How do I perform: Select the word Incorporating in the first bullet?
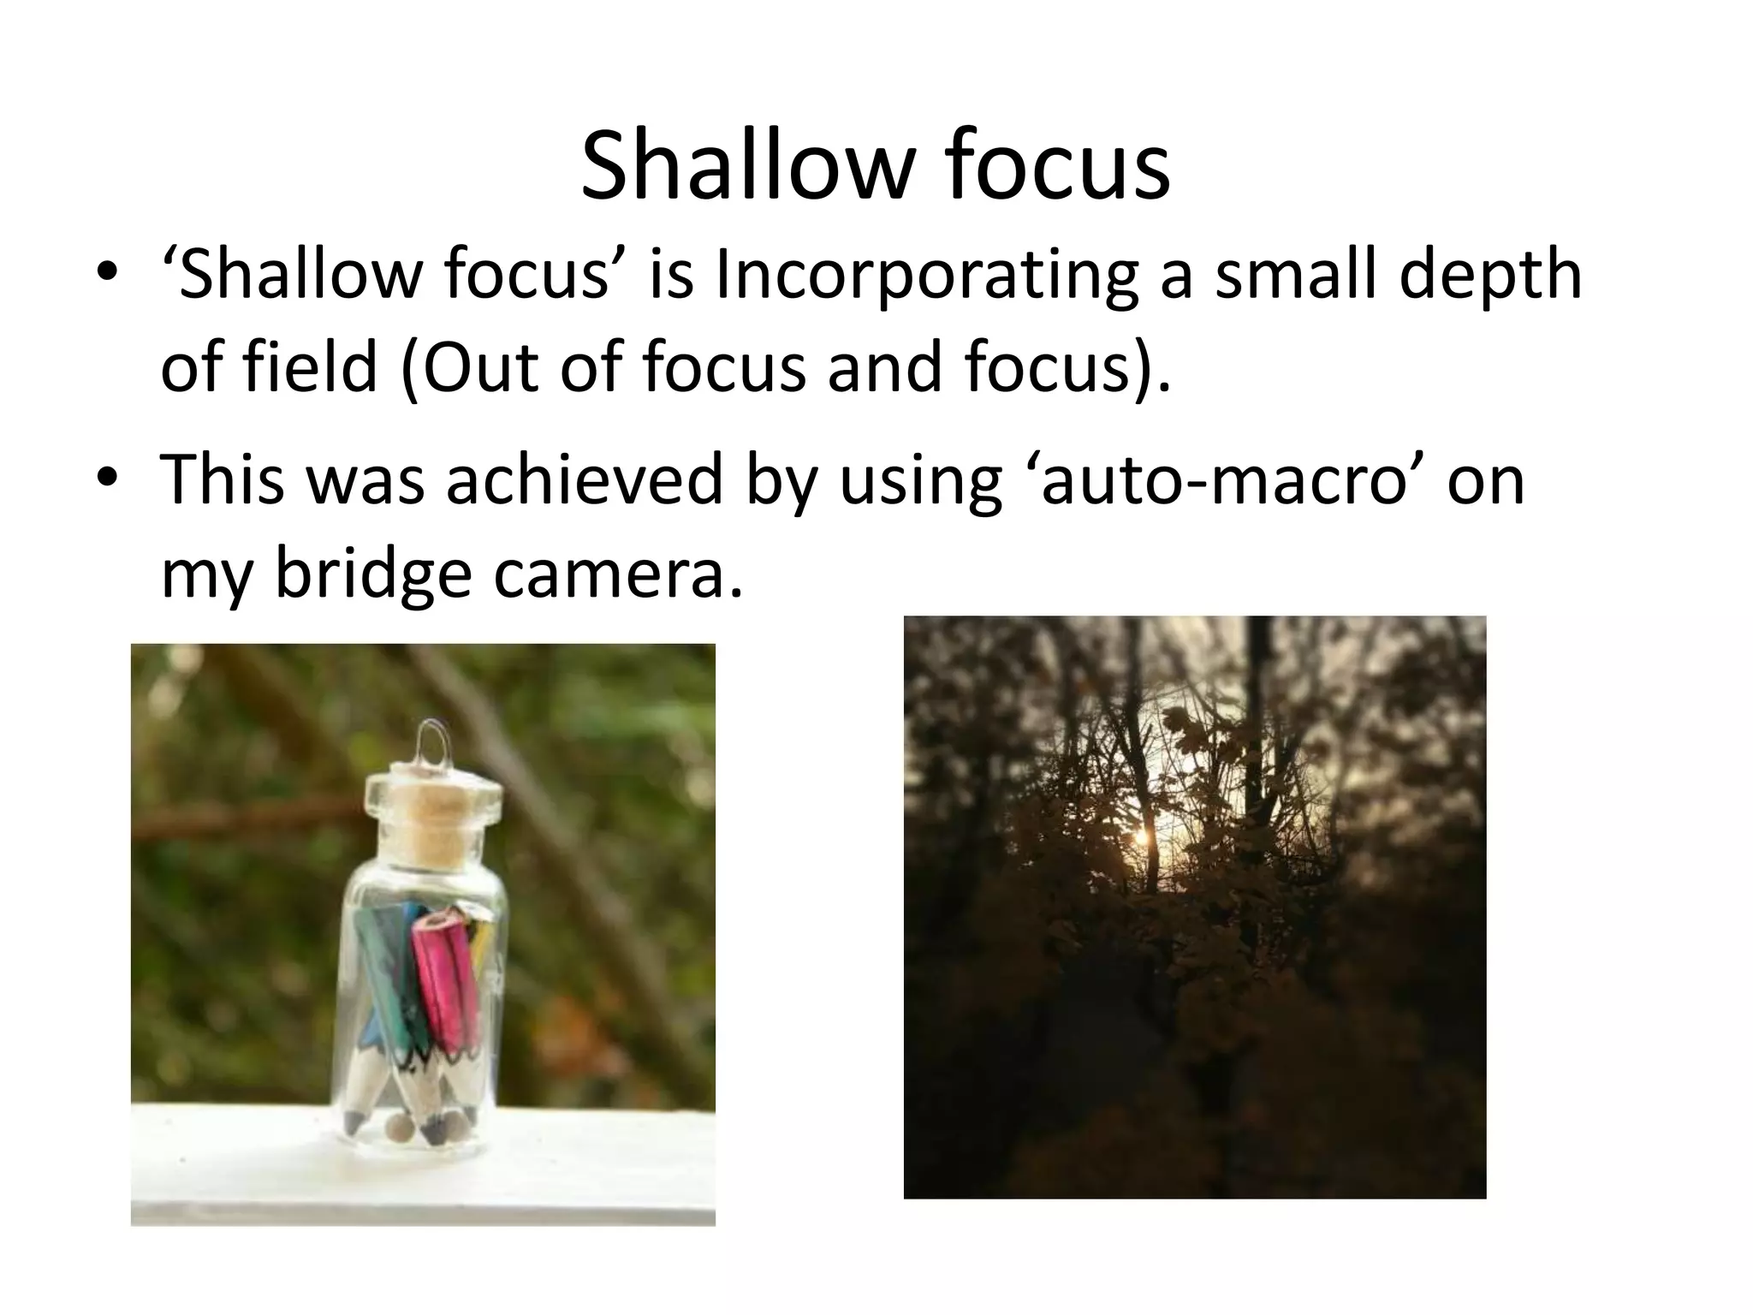coord(927,276)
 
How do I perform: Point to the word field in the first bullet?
coord(310,366)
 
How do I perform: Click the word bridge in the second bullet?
coord(373,574)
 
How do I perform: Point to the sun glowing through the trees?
coord(1140,837)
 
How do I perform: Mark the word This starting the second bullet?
coord(223,480)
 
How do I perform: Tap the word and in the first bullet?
coord(882,366)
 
